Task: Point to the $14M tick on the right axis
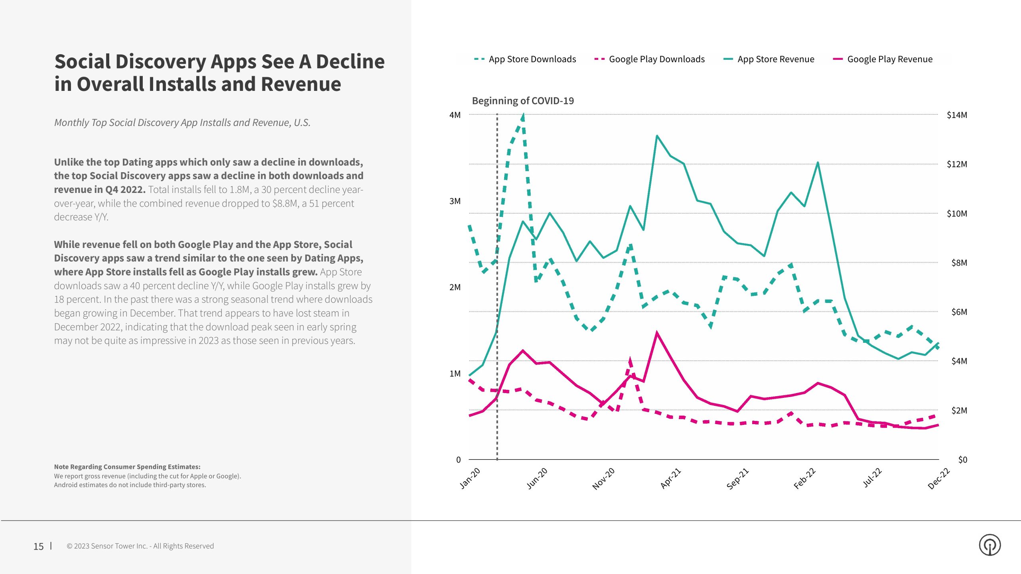(956, 115)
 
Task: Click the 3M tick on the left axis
(455, 201)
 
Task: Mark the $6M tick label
(959, 312)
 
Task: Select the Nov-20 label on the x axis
(603, 479)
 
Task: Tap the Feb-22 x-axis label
(804, 479)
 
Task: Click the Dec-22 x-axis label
(938, 479)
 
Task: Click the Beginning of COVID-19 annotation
(522, 101)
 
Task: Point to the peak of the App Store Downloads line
(523, 116)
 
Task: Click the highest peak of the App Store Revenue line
(656, 136)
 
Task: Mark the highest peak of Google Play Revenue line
(656, 333)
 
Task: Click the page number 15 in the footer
(38, 546)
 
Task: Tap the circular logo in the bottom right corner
(989, 545)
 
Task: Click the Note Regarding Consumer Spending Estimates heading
(127, 467)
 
